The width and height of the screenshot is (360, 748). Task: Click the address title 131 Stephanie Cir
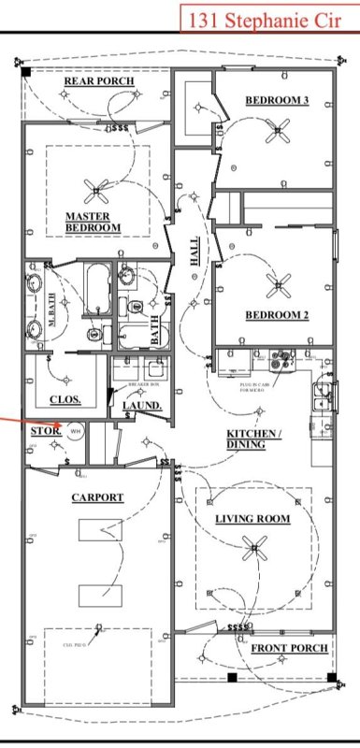266,18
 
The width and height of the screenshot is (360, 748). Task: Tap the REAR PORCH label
98,82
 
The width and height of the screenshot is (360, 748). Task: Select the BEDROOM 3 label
277,100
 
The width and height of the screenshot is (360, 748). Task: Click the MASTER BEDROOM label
93,223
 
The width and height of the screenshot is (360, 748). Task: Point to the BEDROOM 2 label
277,315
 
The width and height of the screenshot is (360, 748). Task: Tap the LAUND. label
143,406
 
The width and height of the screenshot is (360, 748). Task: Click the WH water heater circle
75,430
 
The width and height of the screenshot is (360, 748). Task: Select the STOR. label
44,431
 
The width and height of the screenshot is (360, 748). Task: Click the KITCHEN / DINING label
253,439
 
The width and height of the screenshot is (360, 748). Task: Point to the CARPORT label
97,497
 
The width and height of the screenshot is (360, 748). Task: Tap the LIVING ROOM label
252,518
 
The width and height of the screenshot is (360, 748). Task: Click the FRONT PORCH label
289,648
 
